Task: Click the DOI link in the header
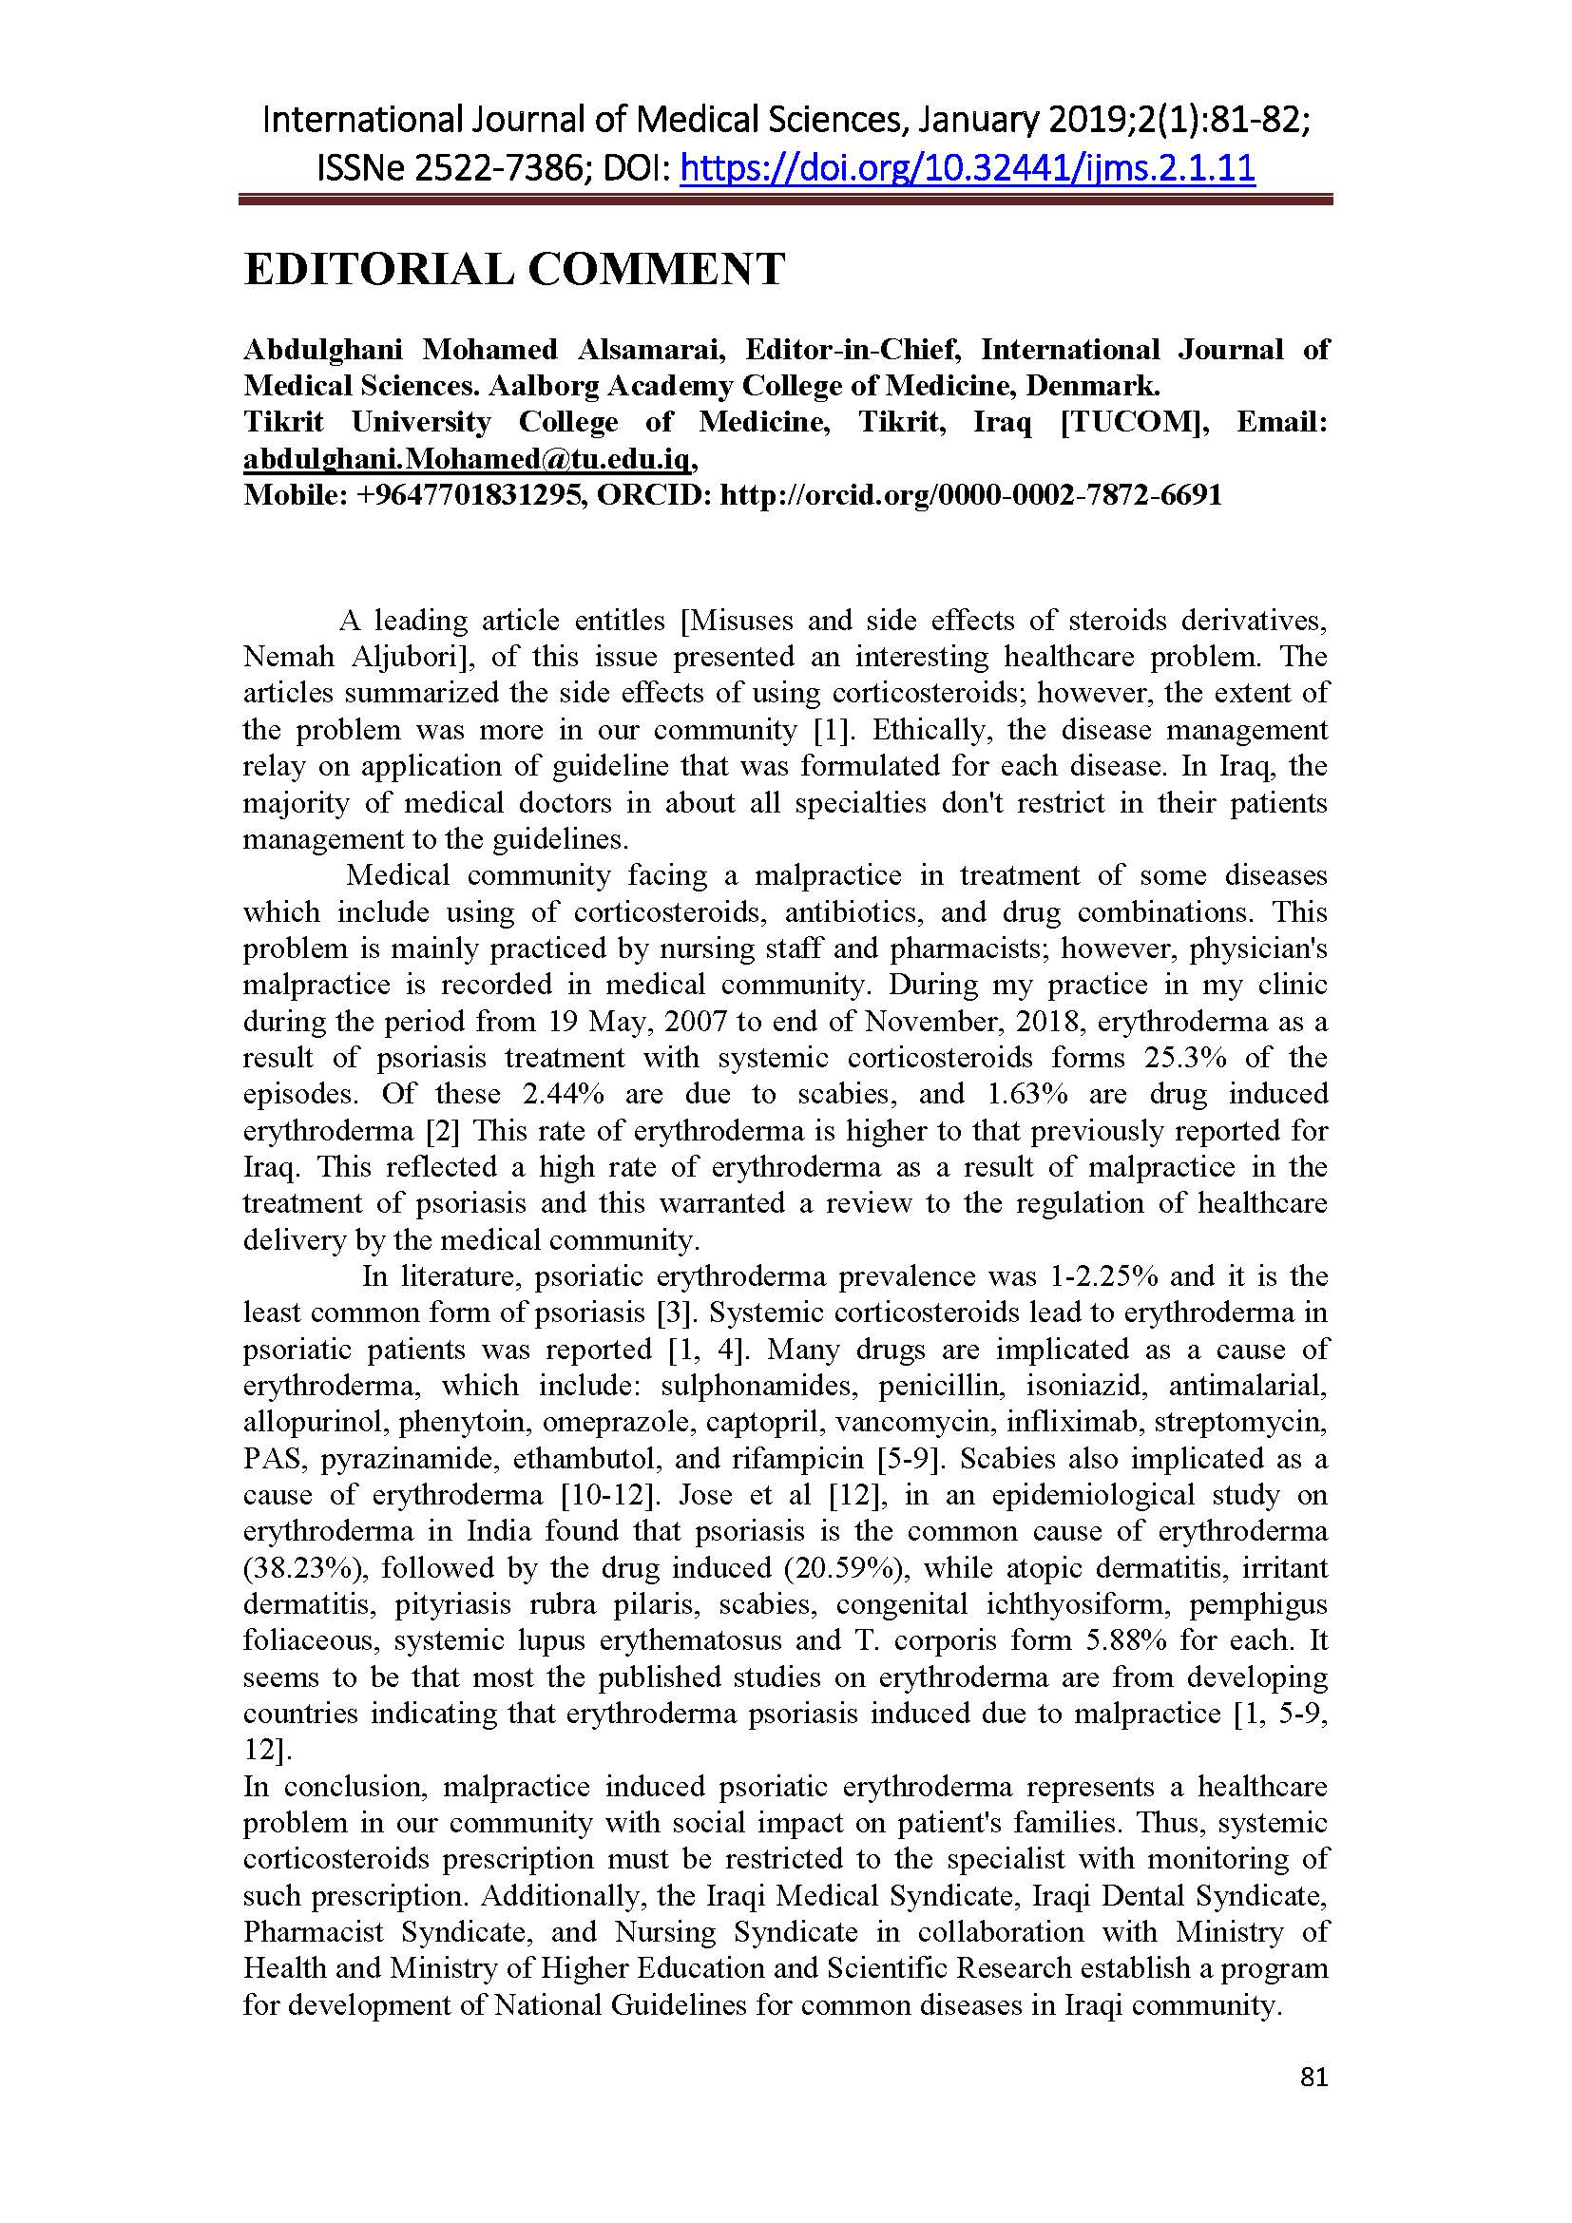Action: point(968,168)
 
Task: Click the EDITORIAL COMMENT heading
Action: point(514,269)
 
